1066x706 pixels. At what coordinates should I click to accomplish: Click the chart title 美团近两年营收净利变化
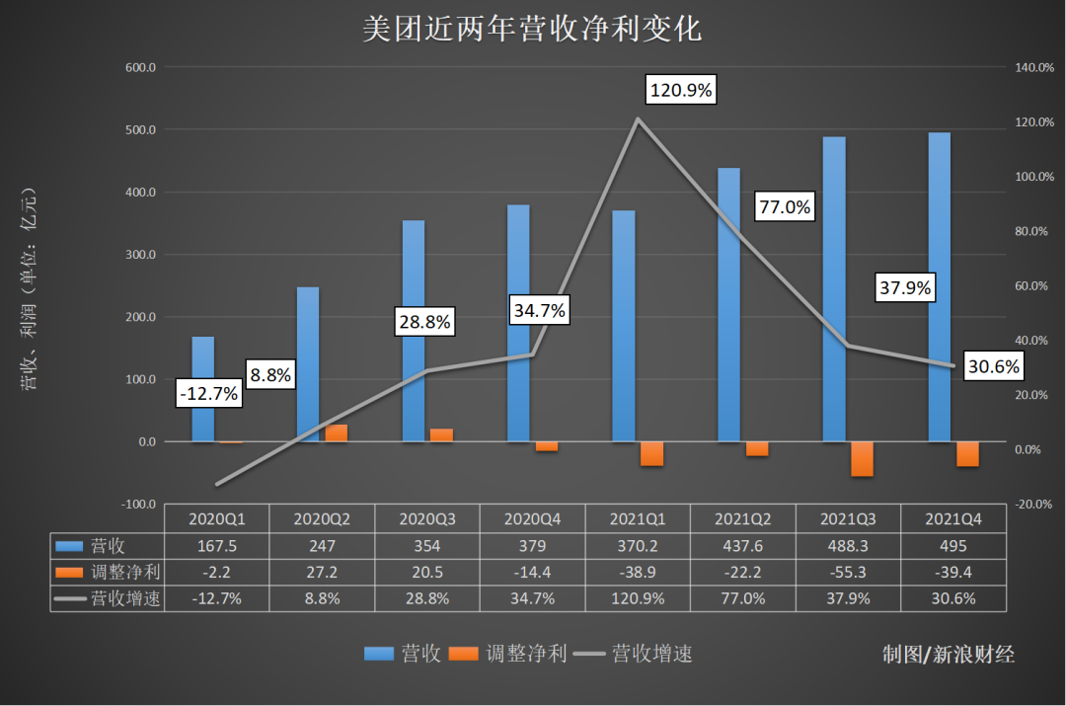click(532, 29)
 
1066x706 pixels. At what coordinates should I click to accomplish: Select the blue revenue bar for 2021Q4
click(939, 286)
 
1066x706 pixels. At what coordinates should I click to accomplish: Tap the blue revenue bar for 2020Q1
click(202, 389)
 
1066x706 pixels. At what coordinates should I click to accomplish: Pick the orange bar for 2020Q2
click(337, 432)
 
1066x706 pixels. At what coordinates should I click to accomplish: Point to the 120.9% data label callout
click(680, 90)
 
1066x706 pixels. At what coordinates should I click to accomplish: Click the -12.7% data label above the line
click(209, 393)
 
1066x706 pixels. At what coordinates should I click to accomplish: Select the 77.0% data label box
click(785, 206)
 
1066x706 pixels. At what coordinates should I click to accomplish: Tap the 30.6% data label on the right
click(993, 366)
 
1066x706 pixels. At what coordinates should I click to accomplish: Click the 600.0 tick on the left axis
click(139, 68)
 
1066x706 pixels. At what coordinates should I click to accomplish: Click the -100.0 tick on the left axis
click(137, 505)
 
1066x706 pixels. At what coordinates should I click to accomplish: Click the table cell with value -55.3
click(846, 572)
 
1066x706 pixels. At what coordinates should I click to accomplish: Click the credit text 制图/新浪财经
click(949, 654)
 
